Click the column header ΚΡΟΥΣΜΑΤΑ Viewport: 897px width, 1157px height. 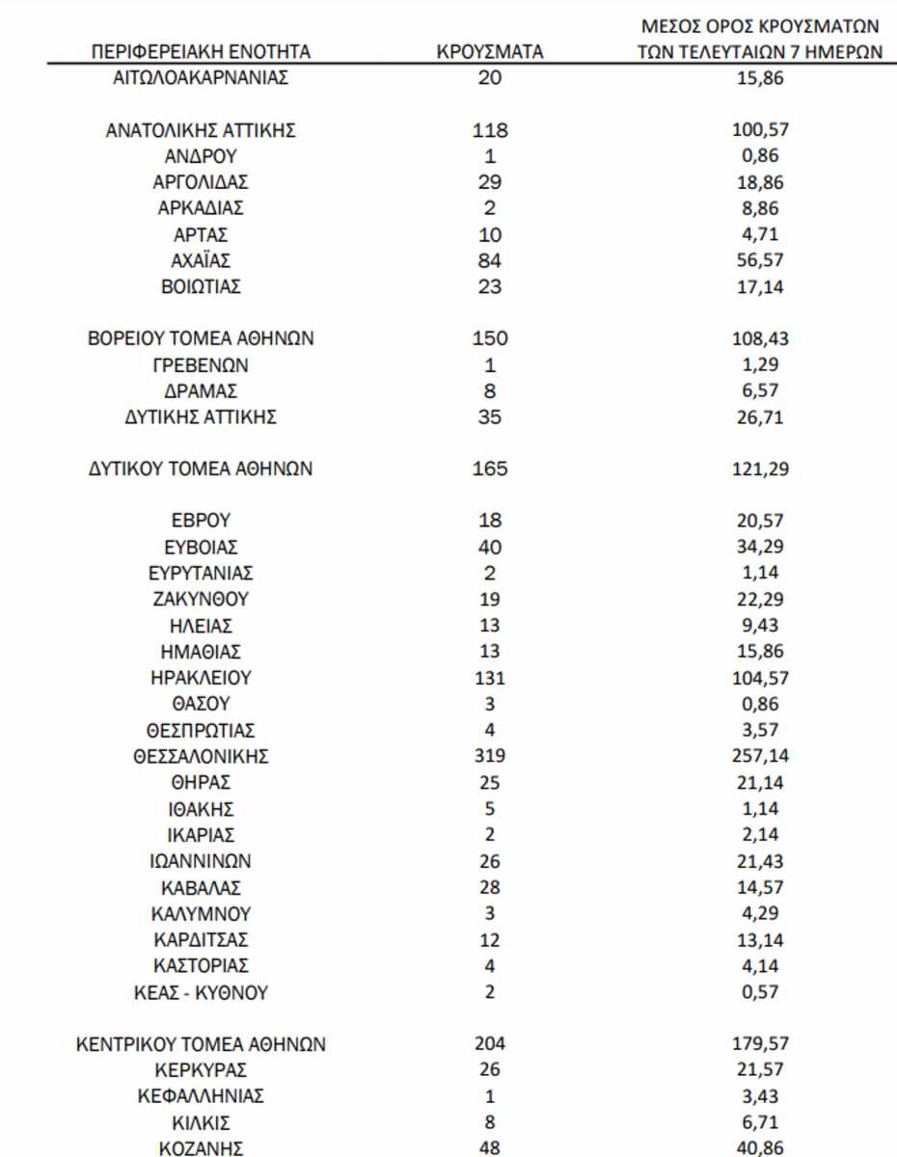click(x=490, y=52)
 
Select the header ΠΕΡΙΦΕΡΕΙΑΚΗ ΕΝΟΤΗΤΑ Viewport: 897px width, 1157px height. click(x=201, y=52)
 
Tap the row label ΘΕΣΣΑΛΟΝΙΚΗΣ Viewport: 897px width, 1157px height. click(x=201, y=757)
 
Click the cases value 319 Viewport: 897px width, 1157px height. click(x=490, y=757)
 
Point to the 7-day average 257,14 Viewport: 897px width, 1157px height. click(x=759, y=757)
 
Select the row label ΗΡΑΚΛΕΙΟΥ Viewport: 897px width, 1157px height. click(x=201, y=678)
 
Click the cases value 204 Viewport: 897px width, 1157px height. click(x=490, y=1044)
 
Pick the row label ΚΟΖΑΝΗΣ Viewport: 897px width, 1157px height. click(x=201, y=1148)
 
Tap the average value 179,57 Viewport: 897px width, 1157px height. click(x=759, y=1044)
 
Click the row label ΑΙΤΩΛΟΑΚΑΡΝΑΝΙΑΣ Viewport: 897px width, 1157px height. click(x=201, y=78)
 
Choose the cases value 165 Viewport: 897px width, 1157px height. click(x=490, y=470)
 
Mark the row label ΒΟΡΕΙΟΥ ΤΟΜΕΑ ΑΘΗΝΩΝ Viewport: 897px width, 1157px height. click(x=201, y=338)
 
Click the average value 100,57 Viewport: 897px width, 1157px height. click(x=759, y=130)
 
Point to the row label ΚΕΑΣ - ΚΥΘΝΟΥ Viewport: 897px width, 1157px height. click(x=201, y=991)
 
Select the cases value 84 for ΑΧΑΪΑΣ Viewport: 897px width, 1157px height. click(x=490, y=260)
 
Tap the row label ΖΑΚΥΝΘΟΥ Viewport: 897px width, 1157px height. click(x=201, y=599)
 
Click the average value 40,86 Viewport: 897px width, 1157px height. click(x=759, y=1148)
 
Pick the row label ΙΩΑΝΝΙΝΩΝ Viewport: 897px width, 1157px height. click(x=201, y=861)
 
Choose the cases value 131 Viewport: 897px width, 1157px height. click(x=490, y=678)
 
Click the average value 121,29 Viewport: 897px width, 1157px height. click(x=759, y=470)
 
